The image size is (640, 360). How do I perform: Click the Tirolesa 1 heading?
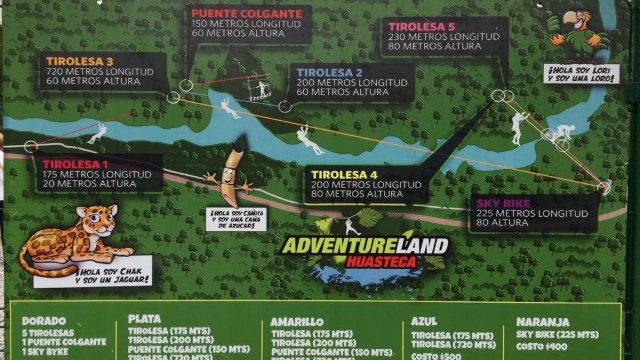pyautogui.click(x=76, y=165)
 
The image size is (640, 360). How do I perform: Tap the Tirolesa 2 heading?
pyautogui.click(x=330, y=72)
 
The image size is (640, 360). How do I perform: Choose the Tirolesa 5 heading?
pyautogui.click(x=422, y=26)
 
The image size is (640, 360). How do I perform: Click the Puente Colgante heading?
pyautogui.click(x=246, y=13)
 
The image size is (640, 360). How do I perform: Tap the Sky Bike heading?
pyautogui.click(x=503, y=203)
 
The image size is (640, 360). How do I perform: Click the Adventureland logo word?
pyautogui.click(x=365, y=245)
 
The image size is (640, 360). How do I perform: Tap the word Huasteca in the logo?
pyautogui.click(x=381, y=262)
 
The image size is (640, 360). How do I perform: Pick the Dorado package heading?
pyautogui.click(x=44, y=321)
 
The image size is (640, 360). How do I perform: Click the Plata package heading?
pyautogui.click(x=144, y=319)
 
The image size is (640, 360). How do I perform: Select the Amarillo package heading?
pyautogui.click(x=296, y=322)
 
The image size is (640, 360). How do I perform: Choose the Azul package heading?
pyautogui.click(x=424, y=321)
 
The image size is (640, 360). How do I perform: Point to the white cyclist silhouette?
pyautogui.click(x=559, y=134)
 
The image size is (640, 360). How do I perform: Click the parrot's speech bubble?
pyautogui.click(x=581, y=74)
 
